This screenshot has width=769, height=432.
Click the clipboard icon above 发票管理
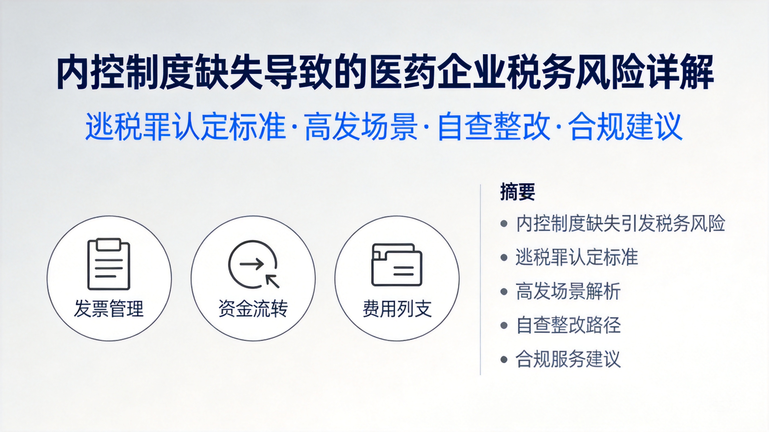[x=109, y=264]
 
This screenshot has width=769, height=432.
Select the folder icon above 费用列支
[x=397, y=265]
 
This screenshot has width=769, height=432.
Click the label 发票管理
[x=109, y=309]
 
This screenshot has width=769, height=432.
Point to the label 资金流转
[x=253, y=309]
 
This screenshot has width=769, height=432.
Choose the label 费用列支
[x=397, y=309]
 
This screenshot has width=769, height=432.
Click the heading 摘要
[x=517, y=192]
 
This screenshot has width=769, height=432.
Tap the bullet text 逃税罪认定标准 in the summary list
[x=577, y=257]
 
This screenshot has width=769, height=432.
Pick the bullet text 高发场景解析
[x=568, y=291]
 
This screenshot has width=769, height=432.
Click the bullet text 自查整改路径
[x=568, y=325]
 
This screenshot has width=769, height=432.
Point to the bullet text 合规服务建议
[x=568, y=359]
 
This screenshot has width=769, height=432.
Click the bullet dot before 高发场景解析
[x=504, y=291]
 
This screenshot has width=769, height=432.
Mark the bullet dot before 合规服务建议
[x=504, y=359]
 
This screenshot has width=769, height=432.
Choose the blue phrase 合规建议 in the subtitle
[x=625, y=126]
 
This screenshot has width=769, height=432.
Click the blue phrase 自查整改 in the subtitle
[x=494, y=126]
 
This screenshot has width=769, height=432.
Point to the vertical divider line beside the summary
[x=480, y=280]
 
